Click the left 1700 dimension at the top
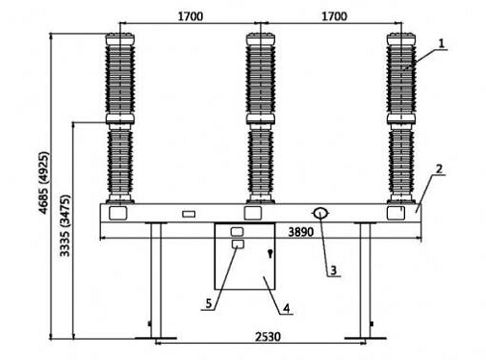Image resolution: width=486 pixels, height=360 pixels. (x=191, y=16)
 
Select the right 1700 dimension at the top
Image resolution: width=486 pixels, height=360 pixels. (x=334, y=16)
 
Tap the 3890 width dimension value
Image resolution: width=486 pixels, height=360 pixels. (x=301, y=232)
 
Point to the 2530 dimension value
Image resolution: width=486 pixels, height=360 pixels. (x=268, y=337)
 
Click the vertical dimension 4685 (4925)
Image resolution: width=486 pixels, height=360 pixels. (x=44, y=183)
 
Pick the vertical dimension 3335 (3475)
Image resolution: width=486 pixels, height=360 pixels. (x=64, y=225)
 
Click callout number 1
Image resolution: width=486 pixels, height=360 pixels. (x=442, y=43)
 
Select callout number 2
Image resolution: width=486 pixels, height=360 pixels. (x=439, y=169)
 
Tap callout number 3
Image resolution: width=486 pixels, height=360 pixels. (x=334, y=270)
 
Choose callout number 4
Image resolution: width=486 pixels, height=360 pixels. (x=286, y=308)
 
